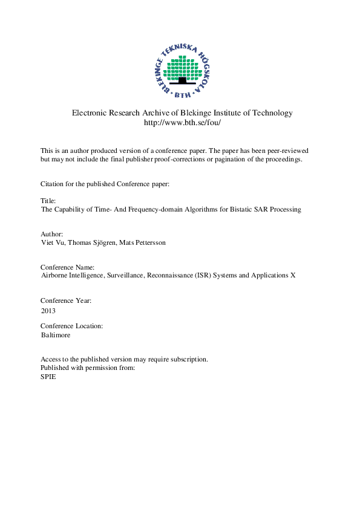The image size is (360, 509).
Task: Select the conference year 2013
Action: click(x=48, y=311)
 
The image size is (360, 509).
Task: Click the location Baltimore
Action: click(x=55, y=334)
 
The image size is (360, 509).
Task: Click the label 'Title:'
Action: click(x=48, y=200)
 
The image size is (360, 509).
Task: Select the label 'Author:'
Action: click(x=51, y=233)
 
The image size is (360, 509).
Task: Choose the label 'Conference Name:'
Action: click(x=67, y=267)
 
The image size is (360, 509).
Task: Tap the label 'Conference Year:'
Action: click(x=66, y=300)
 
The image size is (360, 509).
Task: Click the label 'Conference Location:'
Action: click(x=71, y=325)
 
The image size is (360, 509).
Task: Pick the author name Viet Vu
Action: click(x=52, y=242)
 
